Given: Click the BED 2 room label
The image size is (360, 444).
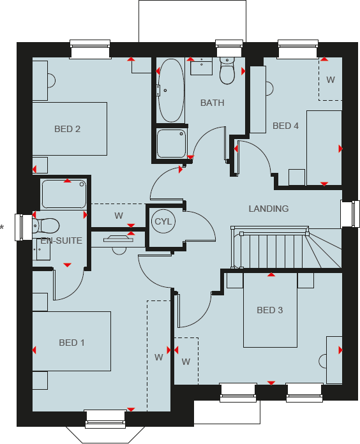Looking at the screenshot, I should coord(67,129).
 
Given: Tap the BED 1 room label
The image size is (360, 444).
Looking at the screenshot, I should coord(71,343).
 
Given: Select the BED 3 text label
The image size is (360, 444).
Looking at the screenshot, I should coord(269,310).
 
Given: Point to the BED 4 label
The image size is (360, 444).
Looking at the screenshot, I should coord(285,126).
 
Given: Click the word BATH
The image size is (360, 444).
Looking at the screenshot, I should coord(212,103).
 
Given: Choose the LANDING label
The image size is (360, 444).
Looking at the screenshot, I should coord(268,209).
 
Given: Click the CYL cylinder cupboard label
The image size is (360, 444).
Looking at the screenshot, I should coord(163,221).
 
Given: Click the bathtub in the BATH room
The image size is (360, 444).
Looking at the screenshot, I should coord(170,91).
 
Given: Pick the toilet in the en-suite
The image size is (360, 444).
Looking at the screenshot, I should coord(46,225).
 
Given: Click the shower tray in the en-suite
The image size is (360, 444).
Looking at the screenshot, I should coord(63,194).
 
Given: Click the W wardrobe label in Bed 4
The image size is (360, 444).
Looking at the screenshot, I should coord(330,80).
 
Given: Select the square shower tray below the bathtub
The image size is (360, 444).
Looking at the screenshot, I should coord(172,144).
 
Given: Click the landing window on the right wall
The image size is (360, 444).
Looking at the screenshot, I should coord(350,214).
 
